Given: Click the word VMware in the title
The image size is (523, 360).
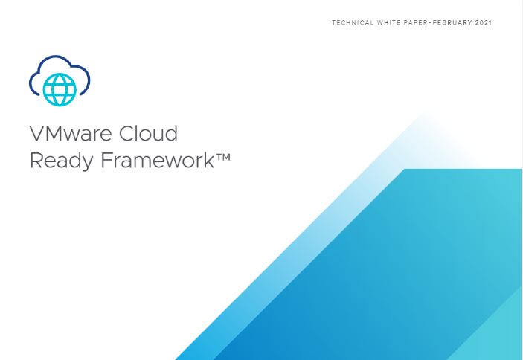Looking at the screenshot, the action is pyautogui.click(x=71, y=134).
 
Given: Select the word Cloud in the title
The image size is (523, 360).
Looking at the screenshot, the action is pyautogui.click(x=148, y=133).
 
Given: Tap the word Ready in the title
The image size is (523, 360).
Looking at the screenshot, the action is pyautogui.click(x=61, y=161).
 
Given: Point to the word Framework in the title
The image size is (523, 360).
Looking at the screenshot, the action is pyautogui.click(x=157, y=160).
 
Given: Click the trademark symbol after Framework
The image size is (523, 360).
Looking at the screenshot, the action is pyautogui.click(x=222, y=157).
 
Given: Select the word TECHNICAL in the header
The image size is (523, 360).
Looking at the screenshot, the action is pyautogui.click(x=353, y=22).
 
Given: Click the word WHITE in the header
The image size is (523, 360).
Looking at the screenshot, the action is pyautogui.click(x=388, y=22).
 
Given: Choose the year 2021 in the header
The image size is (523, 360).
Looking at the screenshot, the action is pyautogui.click(x=484, y=22).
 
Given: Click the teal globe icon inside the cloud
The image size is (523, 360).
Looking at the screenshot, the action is pyautogui.click(x=60, y=90).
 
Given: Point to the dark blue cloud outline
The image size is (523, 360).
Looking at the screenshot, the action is pyautogui.click(x=55, y=57).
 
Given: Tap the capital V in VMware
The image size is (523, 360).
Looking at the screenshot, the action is pyautogui.click(x=37, y=134).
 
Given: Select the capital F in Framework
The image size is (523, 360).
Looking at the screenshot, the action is pyautogui.click(x=106, y=160).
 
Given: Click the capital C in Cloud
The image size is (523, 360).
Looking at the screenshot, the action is pyautogui.click(x=126, y=133).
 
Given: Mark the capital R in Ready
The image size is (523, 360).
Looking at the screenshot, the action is pyautogui.click(x=36, y=160).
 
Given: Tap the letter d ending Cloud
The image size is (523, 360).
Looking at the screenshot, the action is pyautogui.click(x=172, y=133).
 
